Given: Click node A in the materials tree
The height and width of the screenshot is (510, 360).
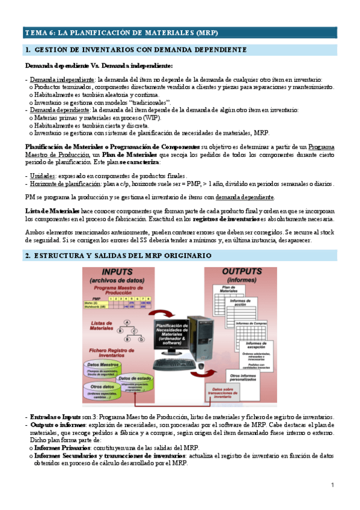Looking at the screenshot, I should click(x=127, y=322).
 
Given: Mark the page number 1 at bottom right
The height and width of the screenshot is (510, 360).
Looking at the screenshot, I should click(x=331, y=485).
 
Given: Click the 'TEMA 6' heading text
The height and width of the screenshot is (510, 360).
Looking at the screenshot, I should click(x=121, y=32).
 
